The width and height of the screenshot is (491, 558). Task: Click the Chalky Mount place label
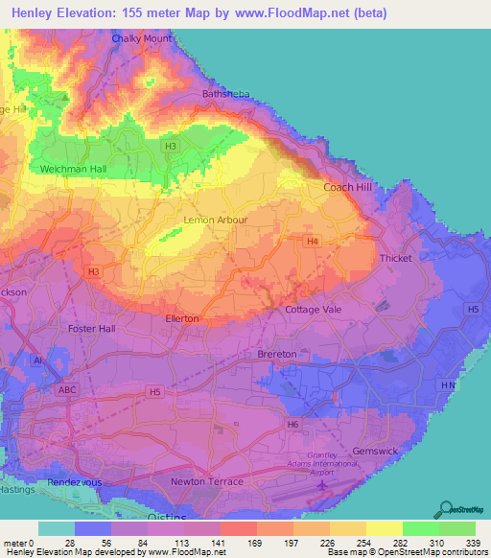click(142, 38)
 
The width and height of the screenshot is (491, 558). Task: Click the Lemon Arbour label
click(215, 220)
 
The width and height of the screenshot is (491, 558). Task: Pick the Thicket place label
click(394, 259)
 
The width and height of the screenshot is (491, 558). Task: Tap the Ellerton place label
click(182, 318)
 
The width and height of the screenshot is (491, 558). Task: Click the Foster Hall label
click(92, 329)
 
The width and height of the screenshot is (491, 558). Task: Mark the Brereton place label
click(277, 355)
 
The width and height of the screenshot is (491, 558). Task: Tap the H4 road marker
click(312, 242)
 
